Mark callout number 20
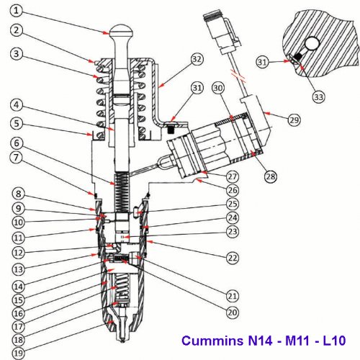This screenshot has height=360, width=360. (x=231, y=313)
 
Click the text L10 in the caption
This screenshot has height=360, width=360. (x=333, y=340)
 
